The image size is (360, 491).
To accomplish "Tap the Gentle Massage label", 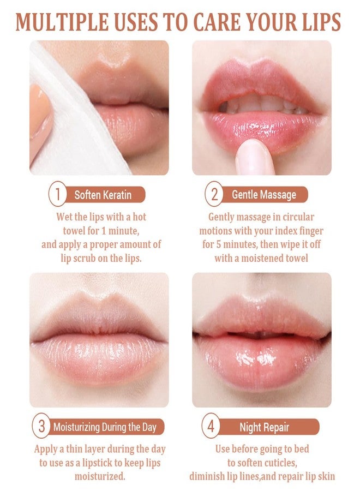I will pos(263,195).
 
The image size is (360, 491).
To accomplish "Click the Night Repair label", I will pos(264,427).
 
